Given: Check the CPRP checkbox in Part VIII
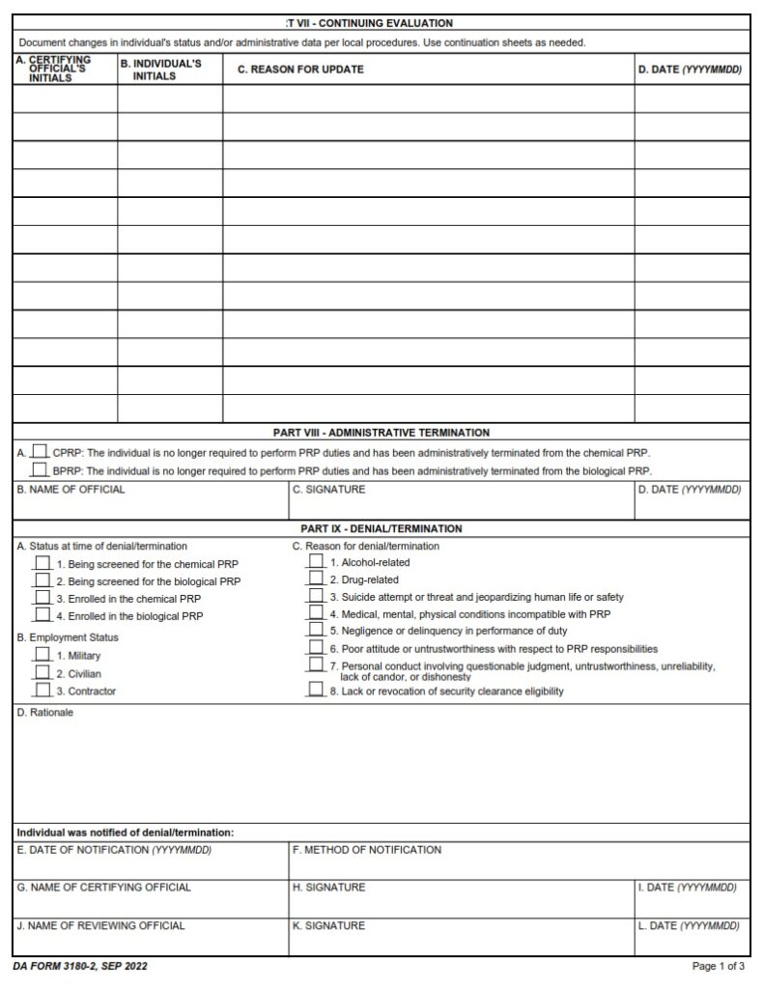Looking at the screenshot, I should click(40, 451).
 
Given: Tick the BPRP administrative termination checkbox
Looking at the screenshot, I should click(40, 469).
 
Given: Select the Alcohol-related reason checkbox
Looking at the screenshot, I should click(316, 561).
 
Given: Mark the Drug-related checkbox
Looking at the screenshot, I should click(316, 579).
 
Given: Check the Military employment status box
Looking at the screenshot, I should click(42, 655).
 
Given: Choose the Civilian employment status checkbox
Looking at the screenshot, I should click(42, 672).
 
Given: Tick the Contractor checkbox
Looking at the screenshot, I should click(42, 690).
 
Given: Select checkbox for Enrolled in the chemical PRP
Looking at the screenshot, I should click(42, 597).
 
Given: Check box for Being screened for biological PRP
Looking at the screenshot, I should click(42, 579).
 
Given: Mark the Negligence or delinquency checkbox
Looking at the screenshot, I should click(316, 630).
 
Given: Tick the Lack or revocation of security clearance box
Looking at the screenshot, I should click(316, 690).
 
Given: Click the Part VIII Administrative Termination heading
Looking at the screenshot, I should click(381, 433).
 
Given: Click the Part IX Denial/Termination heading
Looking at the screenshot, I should click(381, 528).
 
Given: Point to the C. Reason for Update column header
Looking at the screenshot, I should click(300, 70).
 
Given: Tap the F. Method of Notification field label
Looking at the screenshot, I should click(366, 850).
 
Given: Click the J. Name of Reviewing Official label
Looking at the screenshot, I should click(100, 925).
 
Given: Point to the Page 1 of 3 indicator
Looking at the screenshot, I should click(718, 966).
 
